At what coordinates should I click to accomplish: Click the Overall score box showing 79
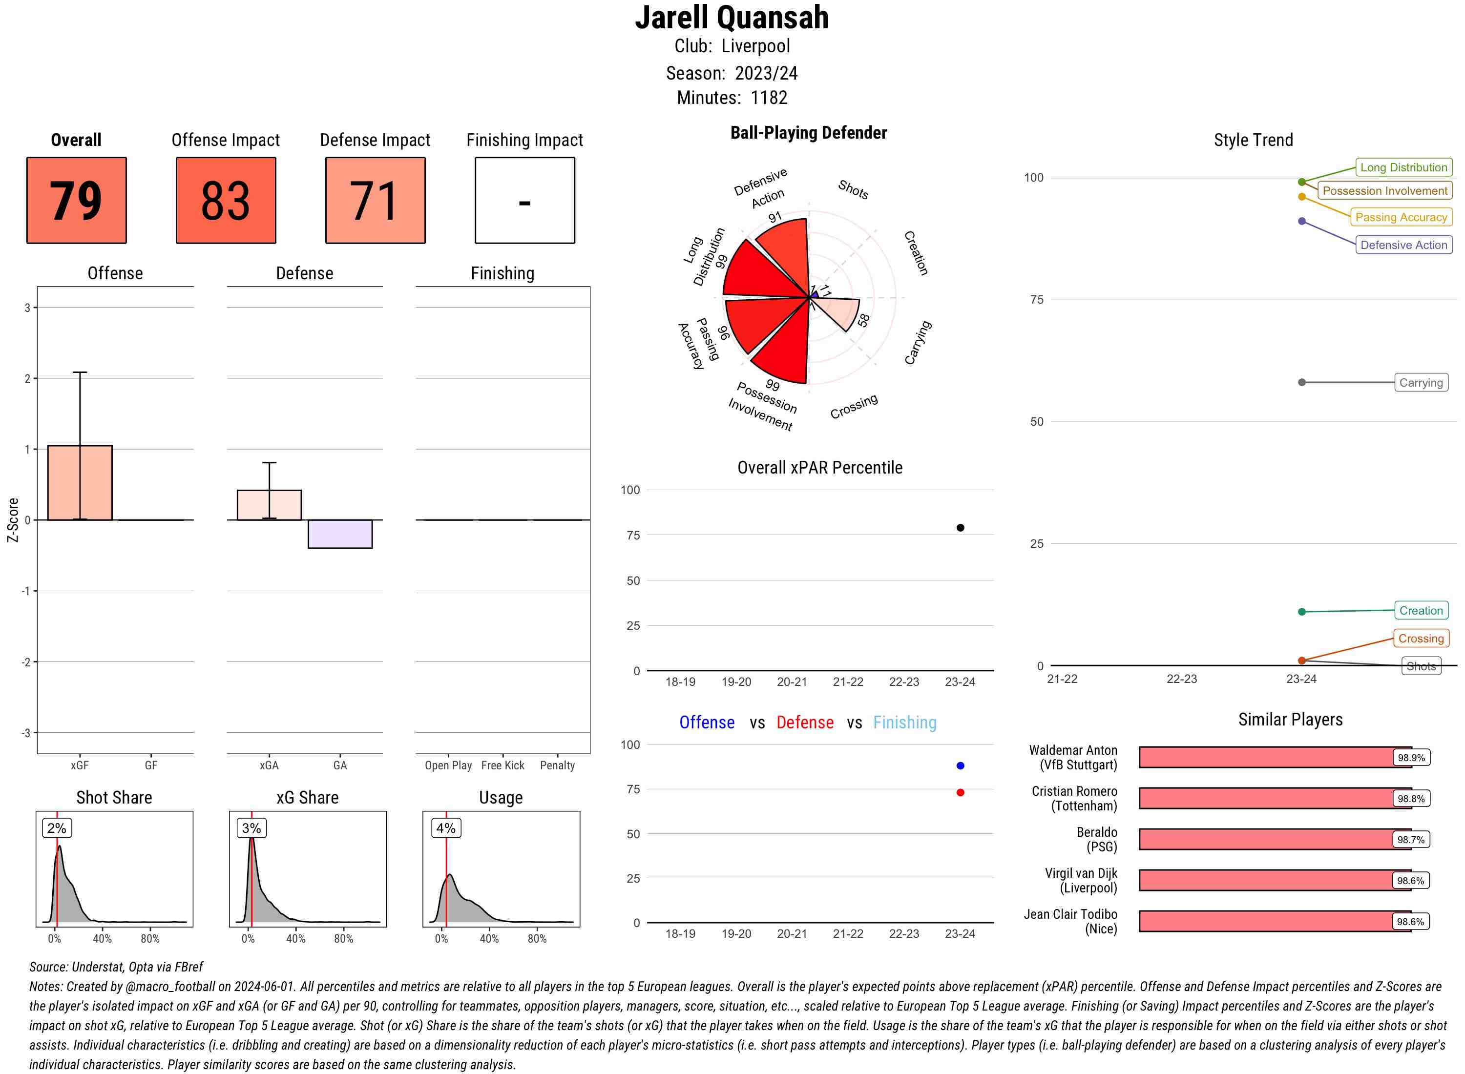click(x=76, y=200)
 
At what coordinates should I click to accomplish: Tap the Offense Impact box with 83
click(x=226, y=200)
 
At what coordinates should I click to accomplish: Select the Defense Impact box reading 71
click(x=375, y=200)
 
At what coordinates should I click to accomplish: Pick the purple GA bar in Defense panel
click(x=340, y=534)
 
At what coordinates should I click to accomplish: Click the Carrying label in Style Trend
click(x=1421, y=382)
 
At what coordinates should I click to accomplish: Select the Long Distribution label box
click(x=1403, y=167)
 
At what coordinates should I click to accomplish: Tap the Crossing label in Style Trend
click(x=1421, y=639)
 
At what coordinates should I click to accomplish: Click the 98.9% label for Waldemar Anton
click(x=1411, y=757)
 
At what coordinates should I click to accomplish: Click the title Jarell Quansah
click(x=732, y=18)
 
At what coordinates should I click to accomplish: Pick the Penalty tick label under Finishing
click(x=557, y=765)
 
